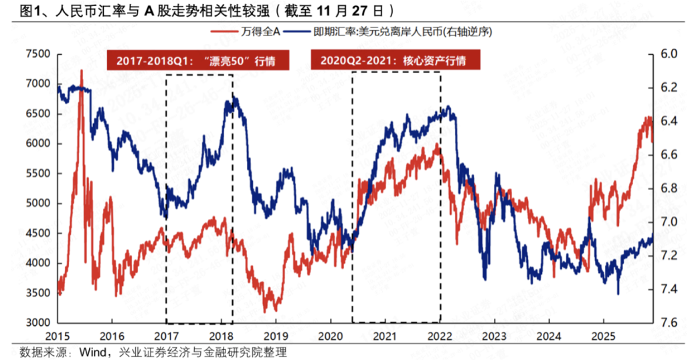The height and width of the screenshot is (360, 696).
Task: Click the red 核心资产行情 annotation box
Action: tap(398, 60)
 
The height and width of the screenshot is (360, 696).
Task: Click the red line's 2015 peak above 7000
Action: tap(82, 70)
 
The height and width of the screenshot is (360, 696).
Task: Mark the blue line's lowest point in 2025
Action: tap(618, 293)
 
